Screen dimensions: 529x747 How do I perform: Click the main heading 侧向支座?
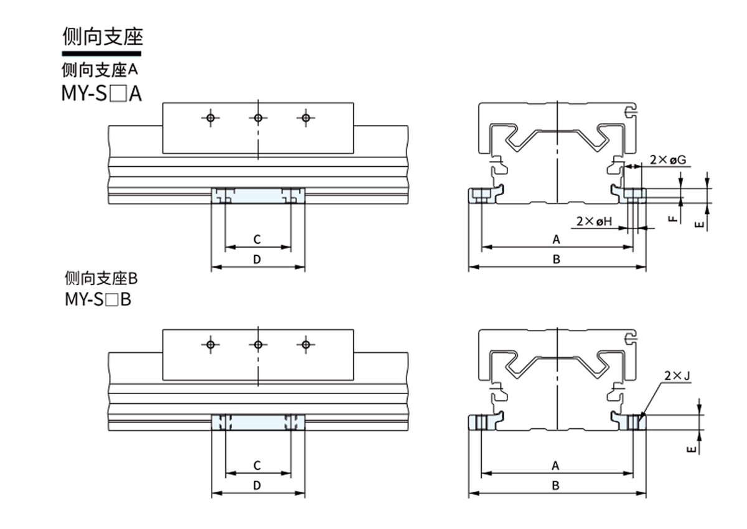[103, 38]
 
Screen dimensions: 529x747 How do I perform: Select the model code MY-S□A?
[101, 94]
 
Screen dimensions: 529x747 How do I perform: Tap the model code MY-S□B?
[98, 299]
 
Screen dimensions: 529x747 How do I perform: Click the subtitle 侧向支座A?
[100, 68]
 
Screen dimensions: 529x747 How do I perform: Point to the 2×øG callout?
[667, 160]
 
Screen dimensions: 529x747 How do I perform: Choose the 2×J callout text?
[678, 376]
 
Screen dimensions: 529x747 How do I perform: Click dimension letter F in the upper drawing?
[672, 218]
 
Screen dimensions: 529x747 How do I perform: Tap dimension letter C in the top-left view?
[257, 239]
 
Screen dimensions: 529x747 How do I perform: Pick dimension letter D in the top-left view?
[257, 260]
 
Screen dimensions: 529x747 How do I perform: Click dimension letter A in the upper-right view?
[557, 239]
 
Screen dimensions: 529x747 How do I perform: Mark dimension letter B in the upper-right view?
[557, 260]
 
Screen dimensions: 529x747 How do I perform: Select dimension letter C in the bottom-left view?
[257, 465]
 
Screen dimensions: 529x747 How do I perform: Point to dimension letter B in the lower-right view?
[557, 485]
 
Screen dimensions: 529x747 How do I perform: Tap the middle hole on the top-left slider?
[258, 118]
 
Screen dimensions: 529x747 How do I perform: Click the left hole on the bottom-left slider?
[211, 344]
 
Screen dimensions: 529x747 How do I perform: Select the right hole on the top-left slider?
[304, 118]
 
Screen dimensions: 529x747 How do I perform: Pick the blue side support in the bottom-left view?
[258, 422]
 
